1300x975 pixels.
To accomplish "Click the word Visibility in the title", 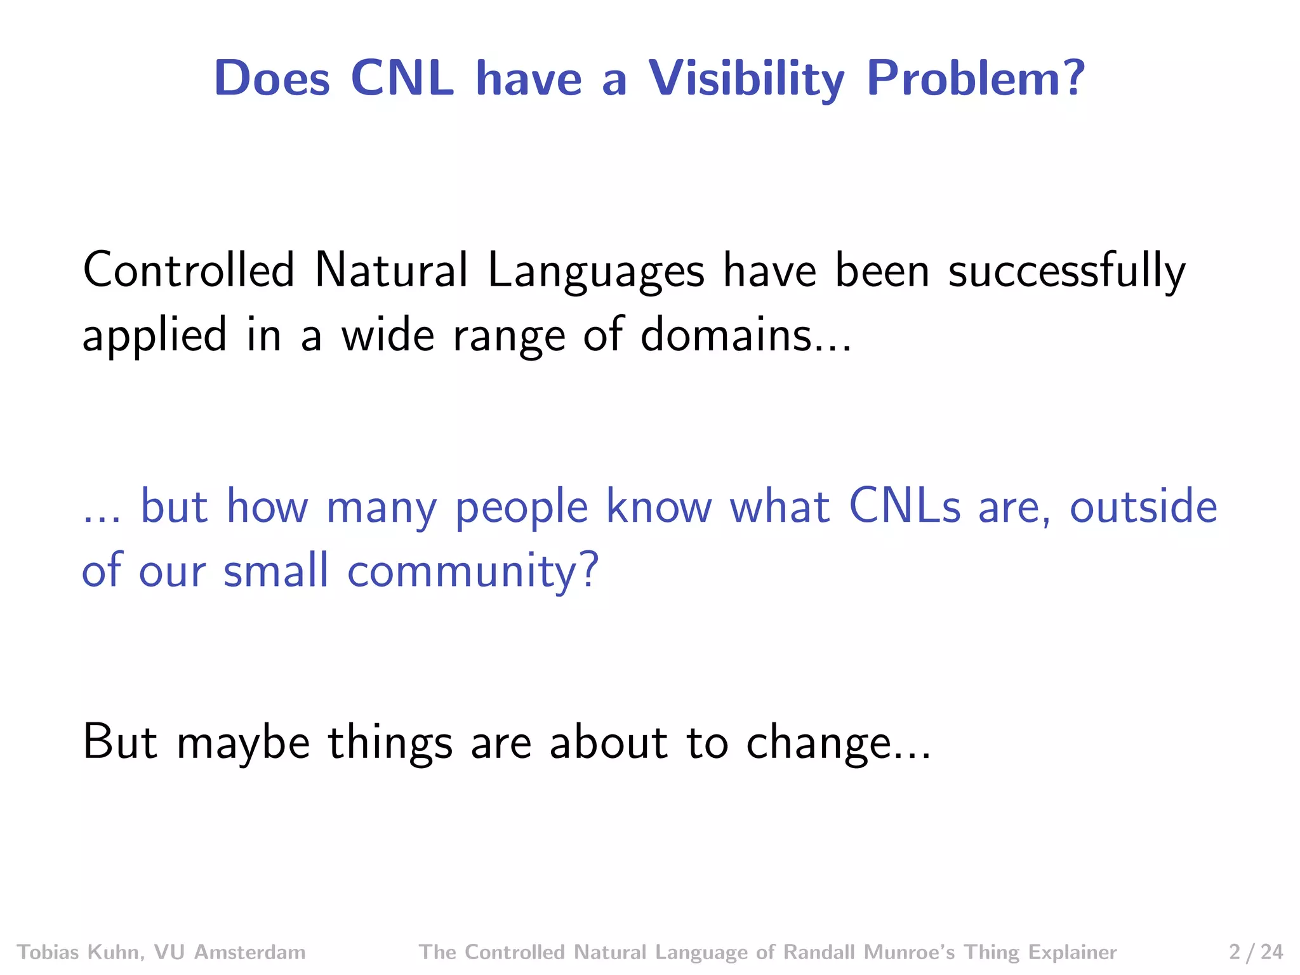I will pos(746,79).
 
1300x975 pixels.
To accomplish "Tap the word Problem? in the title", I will pos(976,79).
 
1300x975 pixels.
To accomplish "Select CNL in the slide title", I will pos(402,79).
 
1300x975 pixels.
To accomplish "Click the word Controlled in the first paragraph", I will pos(189,270).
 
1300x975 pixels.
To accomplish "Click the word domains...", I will pos(745,335).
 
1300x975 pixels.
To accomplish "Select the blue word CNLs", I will pos(905,507).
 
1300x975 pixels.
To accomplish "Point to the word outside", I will pos(1143,507).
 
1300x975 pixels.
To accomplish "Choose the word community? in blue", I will pos(473,571).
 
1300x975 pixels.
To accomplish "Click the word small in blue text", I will pos(276,569).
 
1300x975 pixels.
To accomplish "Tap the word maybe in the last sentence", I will pos(243,742).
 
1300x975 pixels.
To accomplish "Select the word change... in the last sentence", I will pos(838,742).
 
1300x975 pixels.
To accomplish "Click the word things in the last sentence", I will pos(390,742).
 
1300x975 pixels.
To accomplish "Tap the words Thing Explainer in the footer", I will pos(1040,952).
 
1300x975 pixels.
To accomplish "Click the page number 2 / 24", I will pos(1256,952).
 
